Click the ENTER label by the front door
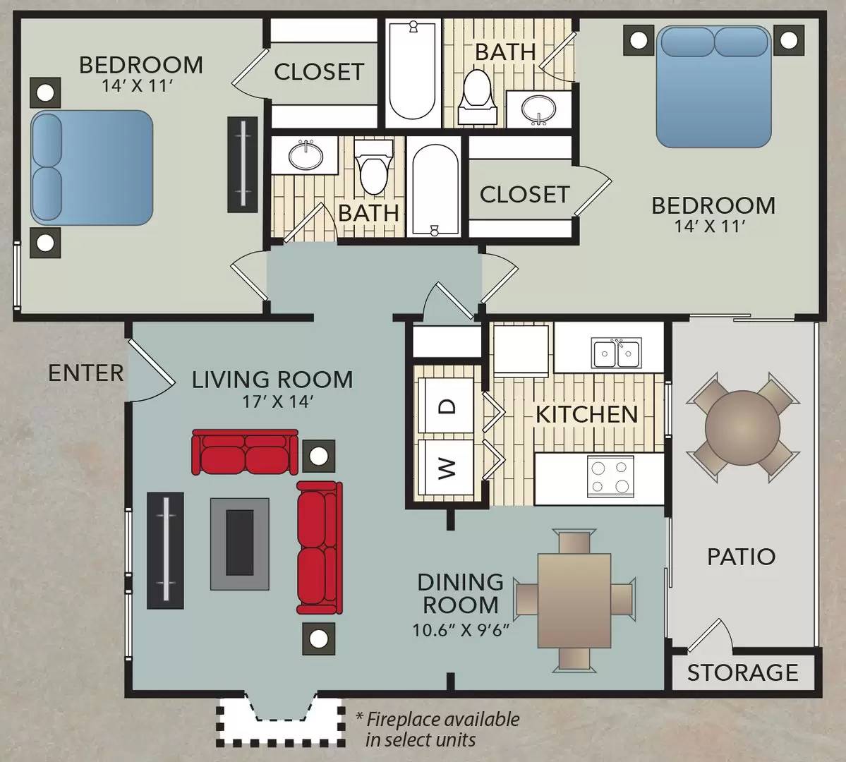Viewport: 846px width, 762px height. pos(85,372)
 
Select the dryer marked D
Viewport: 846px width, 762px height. pos(447,405)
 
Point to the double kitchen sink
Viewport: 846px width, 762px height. pos(617,353)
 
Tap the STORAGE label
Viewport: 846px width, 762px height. pos(742,672)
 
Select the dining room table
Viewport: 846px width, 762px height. pos(574,600)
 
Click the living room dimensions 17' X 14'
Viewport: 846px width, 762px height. pos(272,401)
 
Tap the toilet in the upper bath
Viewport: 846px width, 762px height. pos(478,97)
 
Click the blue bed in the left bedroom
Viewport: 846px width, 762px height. pos(92,167)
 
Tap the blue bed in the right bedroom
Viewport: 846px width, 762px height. pos(713,87)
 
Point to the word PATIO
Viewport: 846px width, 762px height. pos(741,557)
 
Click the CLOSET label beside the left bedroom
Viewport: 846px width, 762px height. pos(319,71)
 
